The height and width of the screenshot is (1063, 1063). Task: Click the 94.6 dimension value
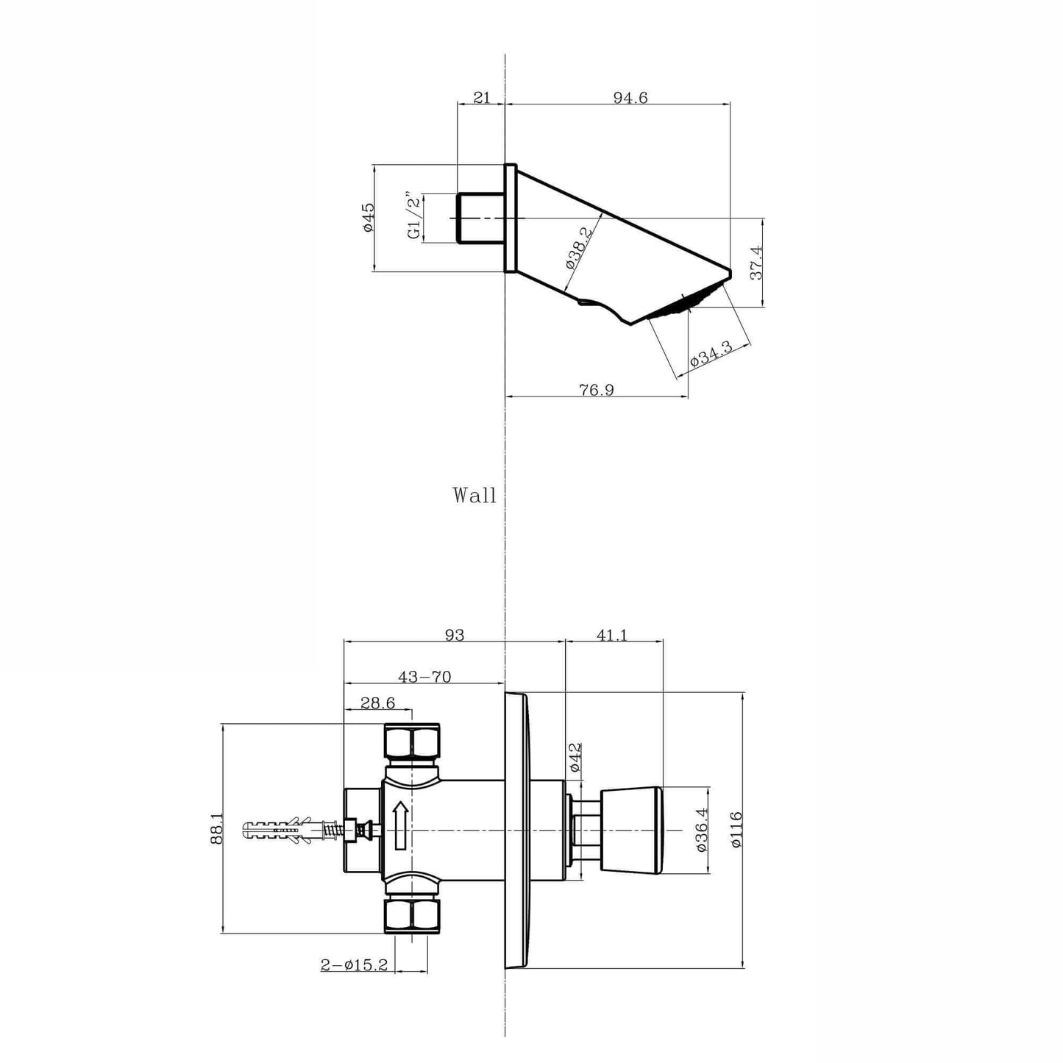point(630,98)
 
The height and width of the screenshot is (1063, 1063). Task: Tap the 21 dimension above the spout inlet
point(482,98)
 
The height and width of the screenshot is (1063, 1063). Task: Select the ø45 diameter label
point(369,218)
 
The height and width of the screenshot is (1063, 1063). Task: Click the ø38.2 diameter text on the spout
point(580,247)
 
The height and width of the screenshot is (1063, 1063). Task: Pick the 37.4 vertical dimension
point(756,263)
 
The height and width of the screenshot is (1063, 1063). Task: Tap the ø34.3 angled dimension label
point(711,354)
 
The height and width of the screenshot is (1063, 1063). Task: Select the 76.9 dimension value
point(597,390)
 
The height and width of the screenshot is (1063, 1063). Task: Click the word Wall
point(474,495)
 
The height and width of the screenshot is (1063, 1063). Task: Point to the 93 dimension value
point(455,636)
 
